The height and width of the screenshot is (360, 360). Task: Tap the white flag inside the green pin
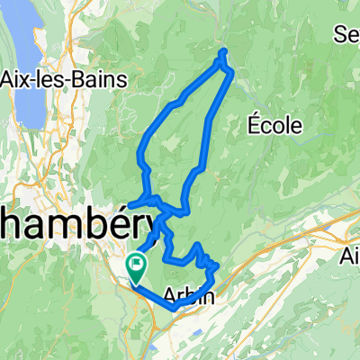(x=138, y=264)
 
